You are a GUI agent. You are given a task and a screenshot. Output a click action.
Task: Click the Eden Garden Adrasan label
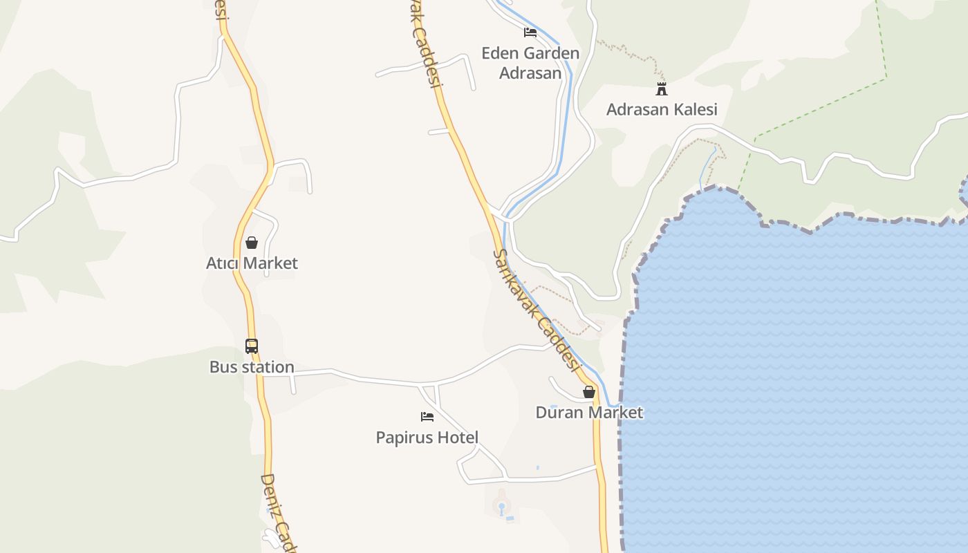530,63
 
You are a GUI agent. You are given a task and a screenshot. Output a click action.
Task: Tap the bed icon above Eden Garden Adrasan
530,32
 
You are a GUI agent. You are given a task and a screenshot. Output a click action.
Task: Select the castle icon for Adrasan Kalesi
662,88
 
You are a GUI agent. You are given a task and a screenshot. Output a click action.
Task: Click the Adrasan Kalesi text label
662,109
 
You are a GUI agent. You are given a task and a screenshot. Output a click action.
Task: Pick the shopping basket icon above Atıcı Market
252,243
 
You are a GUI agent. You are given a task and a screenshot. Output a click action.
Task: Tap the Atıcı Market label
252,263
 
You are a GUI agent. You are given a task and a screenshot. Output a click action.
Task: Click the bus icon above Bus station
252,346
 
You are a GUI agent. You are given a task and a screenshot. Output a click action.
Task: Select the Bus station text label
252,367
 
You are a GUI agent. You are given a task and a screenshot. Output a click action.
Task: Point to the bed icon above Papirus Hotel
427,417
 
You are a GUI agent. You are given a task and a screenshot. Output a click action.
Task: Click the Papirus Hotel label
427,438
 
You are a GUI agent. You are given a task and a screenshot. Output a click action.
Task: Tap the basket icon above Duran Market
589,392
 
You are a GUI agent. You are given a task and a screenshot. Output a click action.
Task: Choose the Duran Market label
589,413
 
